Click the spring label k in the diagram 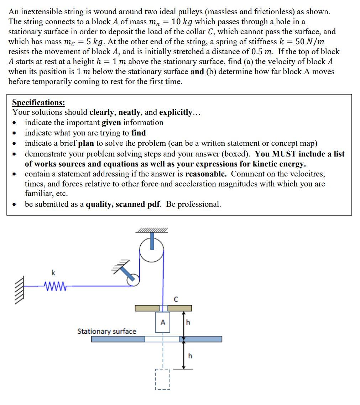click(53, 273)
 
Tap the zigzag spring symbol click(54, 286)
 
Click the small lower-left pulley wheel click(133, 279)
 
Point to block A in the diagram click(162, 322)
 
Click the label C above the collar click(175, 300)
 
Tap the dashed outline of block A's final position click(162, 379)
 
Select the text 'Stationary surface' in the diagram click(107, 331)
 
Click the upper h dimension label click(188, 322)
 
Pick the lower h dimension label click(190, 355)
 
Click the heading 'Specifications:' click(38, 103)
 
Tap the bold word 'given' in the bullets click(111, 123)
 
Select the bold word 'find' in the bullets click(139, 133)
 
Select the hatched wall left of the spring click(20, 286)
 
